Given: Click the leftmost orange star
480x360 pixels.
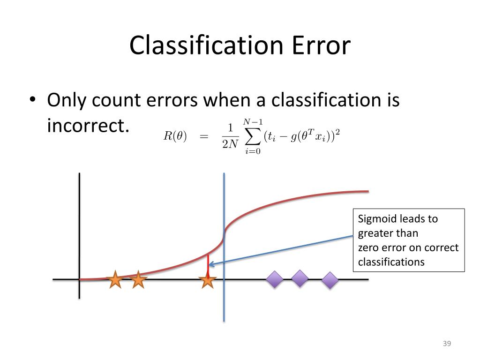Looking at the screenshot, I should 115,280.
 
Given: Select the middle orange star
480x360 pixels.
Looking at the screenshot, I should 138,280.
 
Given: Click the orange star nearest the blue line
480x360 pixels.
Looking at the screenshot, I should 207,281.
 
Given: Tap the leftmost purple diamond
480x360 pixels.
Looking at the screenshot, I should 275,280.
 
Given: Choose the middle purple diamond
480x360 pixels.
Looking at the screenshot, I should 300,278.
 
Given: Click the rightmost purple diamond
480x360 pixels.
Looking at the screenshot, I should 330,280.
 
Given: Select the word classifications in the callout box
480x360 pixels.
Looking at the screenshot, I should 391,262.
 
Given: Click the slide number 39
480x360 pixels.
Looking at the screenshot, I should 446,345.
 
